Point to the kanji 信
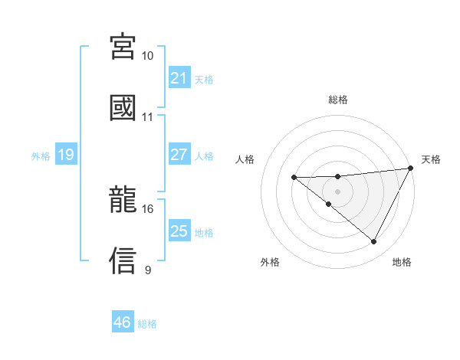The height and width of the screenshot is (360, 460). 123,260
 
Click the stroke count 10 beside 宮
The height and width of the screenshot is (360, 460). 148,57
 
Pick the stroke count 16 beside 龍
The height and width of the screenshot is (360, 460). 148,208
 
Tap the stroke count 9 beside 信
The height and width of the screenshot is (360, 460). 148,270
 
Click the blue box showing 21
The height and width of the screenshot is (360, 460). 179,78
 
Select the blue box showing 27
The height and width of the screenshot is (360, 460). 179,155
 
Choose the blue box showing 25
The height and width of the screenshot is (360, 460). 179,231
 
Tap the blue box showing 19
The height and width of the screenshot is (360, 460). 65,155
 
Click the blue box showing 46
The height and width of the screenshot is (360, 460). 122,322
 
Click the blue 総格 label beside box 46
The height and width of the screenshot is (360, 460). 147,324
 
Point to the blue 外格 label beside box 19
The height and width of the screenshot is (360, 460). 41,156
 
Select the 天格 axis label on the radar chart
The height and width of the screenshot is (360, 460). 431,159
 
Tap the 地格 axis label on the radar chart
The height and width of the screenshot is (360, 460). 402,262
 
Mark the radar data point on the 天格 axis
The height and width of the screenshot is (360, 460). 412,167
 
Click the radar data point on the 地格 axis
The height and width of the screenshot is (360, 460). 374,242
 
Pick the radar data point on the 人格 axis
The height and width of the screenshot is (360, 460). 294,178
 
